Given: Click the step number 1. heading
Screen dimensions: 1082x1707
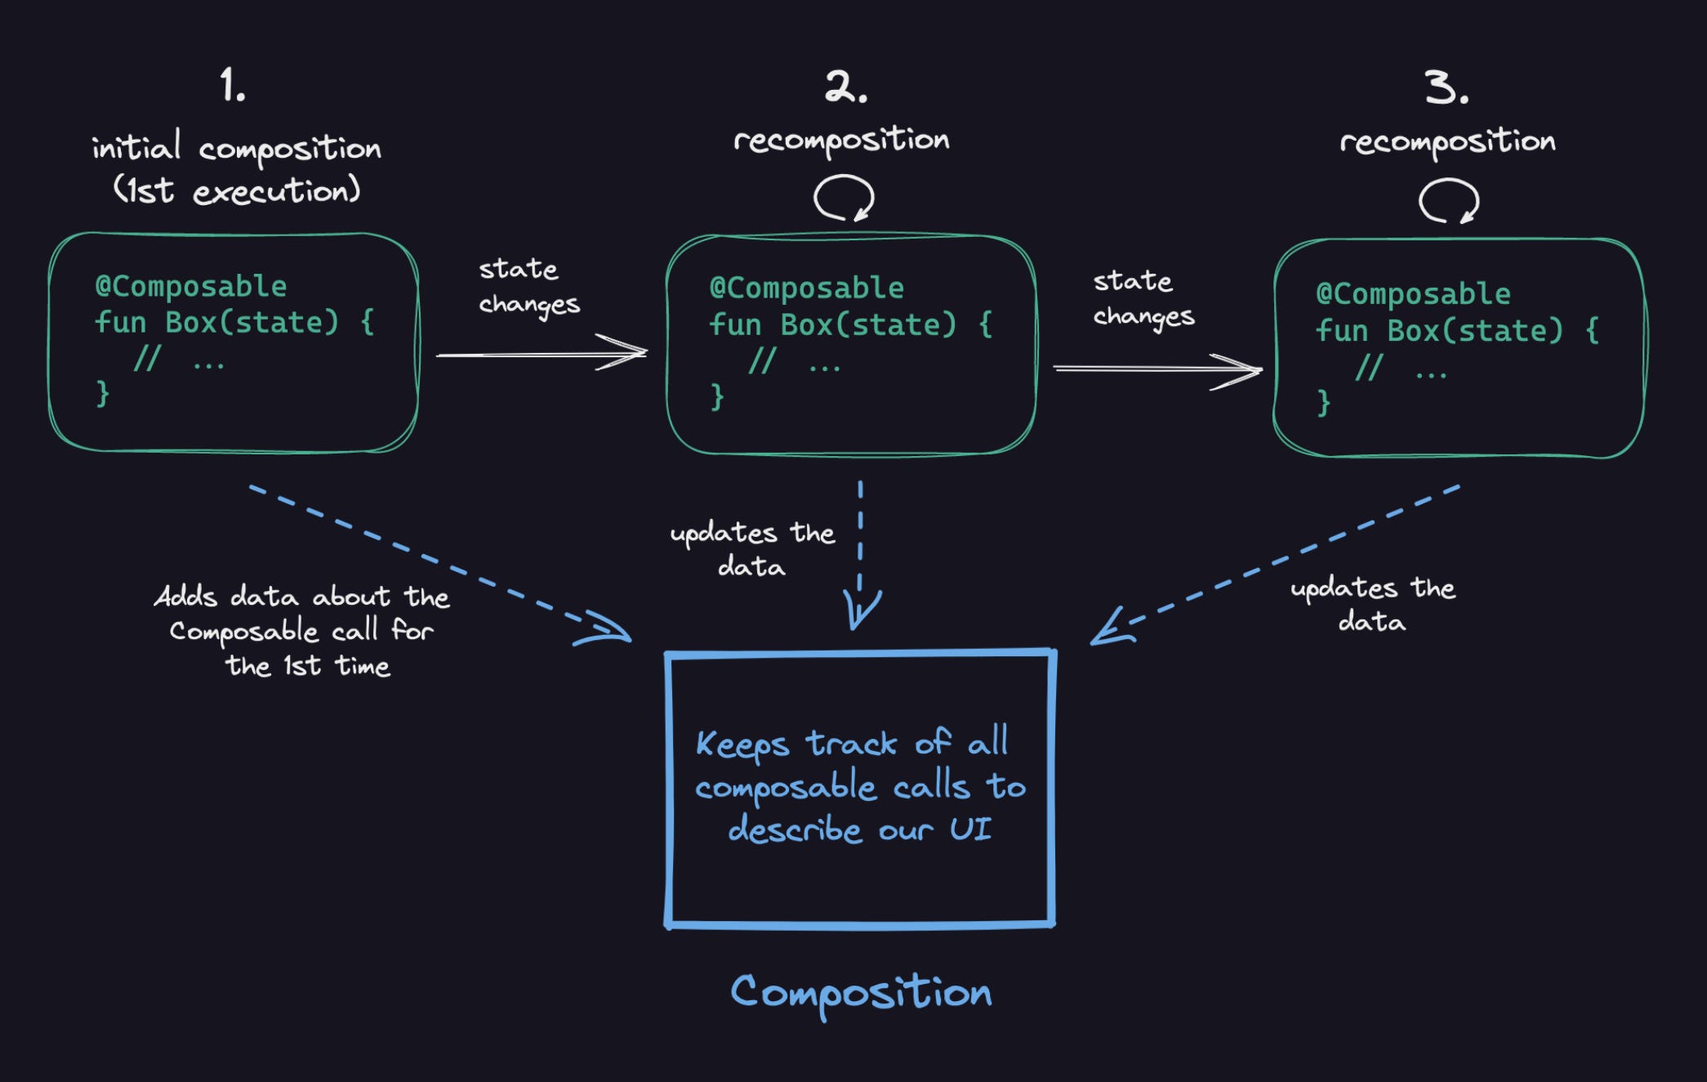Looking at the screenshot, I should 233,85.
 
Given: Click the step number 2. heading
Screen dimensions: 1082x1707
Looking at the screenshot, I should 845,87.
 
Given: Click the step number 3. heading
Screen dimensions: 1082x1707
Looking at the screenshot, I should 1446,87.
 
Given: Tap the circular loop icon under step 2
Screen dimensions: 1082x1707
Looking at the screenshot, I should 844,198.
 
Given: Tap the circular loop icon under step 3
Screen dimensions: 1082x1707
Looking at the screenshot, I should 1448,201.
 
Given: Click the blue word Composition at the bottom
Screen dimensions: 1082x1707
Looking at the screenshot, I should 861,993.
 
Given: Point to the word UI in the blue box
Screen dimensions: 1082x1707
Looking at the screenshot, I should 970,829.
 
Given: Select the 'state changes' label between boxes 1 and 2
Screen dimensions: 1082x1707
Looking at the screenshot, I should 528,286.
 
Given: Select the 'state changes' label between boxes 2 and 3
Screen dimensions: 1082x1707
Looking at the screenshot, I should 1143,298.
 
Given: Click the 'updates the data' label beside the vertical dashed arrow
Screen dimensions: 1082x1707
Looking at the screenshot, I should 751,549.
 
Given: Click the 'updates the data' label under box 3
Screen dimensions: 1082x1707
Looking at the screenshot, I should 1372,605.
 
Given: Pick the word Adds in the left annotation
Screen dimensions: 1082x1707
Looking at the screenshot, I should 185,596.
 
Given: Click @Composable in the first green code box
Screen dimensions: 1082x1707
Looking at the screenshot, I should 191,287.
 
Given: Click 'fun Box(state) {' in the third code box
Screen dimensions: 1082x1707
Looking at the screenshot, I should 1456,331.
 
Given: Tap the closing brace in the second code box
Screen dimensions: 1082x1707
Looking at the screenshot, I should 717,396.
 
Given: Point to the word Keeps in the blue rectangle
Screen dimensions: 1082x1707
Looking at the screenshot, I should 742,744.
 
